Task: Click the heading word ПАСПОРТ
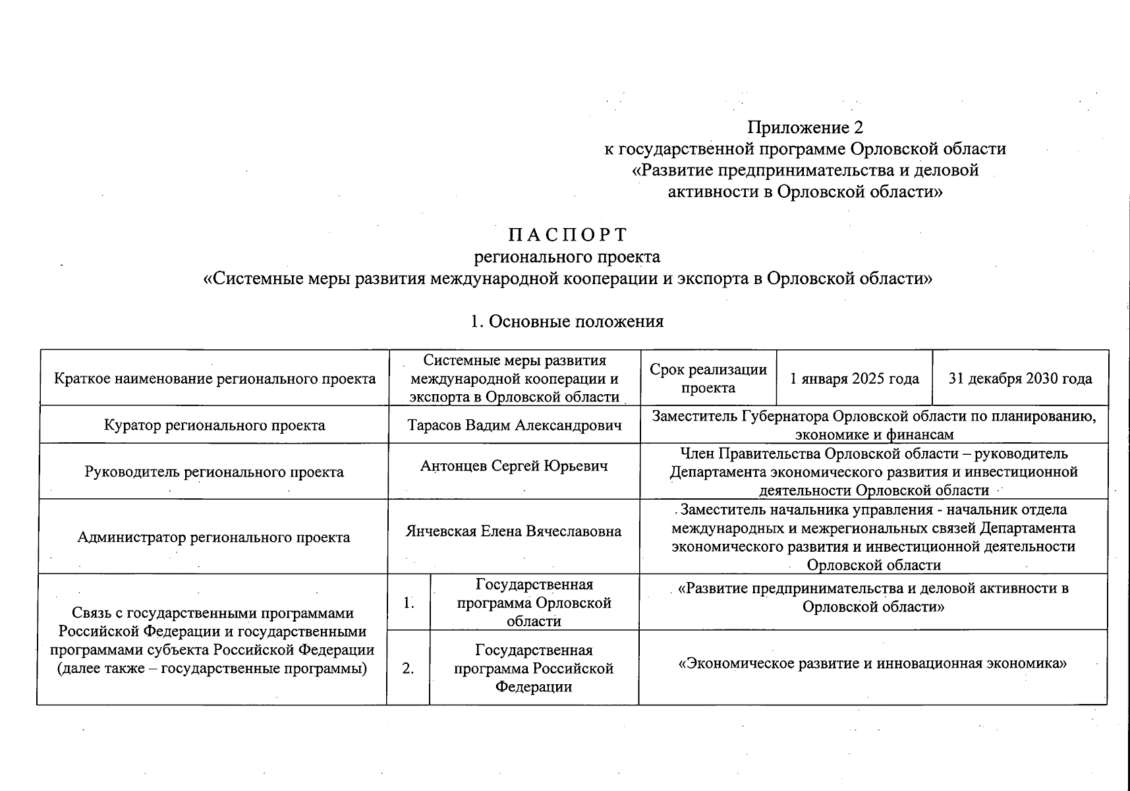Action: [x=567, y=235]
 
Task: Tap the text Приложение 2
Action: [x=805, y=127]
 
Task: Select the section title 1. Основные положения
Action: [x=567, y=321]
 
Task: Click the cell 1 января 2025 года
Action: [x=855, y=378]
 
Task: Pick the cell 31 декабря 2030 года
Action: [x=1020, y=378]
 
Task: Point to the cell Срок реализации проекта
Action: [x=708, y=378]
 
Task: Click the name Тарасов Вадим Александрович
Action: [x=514, y=425]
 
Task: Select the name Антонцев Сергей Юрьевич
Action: [x=514, y=466]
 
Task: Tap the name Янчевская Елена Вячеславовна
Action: [x=514, y=531]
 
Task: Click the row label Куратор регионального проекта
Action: [x=214, y=425]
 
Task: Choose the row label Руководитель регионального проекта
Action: [x=214, y=472]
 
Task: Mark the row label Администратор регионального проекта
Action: [x=214, y=537]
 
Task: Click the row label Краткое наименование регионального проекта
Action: [x=214, y=378]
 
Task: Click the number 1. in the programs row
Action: [x=409, y=602]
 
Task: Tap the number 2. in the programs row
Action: [x=409, y=668]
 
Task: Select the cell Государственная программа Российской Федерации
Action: [x=534, y=668]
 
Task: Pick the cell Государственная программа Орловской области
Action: [x=534, y=602]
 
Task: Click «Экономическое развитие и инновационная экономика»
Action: [x=872, y=663]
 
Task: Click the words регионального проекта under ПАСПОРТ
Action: [x=567, y=256]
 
